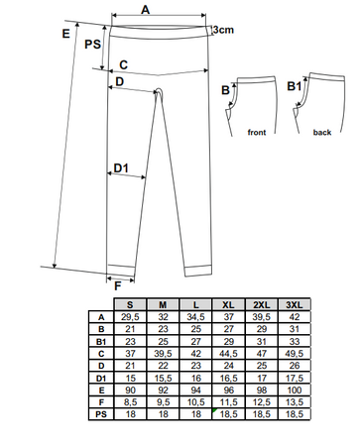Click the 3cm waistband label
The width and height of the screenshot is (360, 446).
(223, 30)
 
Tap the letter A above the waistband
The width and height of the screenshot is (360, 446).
(146, 10)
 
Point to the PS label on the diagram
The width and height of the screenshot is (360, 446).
(92, 45)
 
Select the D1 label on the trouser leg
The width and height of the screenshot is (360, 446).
(121, 168)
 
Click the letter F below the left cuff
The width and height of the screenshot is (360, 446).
(118, 286)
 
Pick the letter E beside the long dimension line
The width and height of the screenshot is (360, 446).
(66, 34)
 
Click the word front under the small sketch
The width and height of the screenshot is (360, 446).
(257, 133)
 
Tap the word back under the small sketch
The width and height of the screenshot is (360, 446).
(322, 133)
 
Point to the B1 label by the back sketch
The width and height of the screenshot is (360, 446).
(294, 86)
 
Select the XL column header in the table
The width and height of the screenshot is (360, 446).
(228, 304)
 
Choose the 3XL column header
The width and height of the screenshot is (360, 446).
(295, 304)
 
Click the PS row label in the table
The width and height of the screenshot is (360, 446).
(101, 414)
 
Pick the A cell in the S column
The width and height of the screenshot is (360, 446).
(130, 317)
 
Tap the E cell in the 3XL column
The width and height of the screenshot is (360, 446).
(295, 390)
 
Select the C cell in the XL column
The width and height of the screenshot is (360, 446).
(228, 354)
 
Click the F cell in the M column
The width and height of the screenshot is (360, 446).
(163, 402)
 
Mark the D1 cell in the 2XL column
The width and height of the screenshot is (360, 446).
(262, 378)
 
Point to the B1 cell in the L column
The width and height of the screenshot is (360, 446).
(195, 341)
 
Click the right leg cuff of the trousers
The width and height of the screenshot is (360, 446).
(197, 271)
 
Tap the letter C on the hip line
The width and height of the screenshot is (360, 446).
(123, 65)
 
